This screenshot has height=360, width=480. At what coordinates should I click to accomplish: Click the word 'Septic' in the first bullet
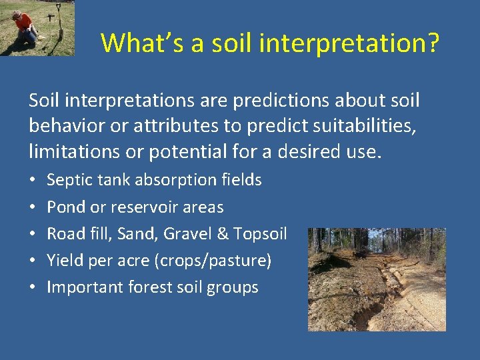coord(69,179)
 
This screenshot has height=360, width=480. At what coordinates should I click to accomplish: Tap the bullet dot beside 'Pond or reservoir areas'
coord(33,207)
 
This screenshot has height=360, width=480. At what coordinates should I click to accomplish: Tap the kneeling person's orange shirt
coord(23,21)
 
